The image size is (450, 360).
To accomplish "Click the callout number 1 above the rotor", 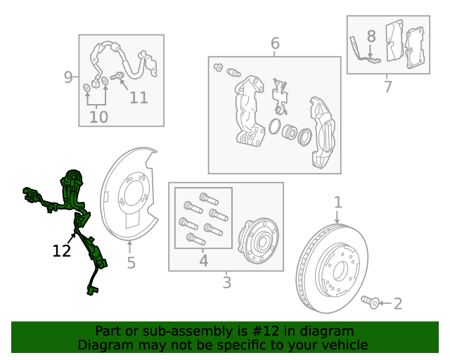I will point(337,202).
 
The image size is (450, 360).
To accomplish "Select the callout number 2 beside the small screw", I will point(398,304).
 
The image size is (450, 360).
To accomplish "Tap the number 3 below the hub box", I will point(226,283).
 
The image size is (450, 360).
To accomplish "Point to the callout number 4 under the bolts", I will point(203,261).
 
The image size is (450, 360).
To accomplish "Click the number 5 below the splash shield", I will point(131,263).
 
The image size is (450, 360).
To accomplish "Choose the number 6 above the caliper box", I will point(275,44).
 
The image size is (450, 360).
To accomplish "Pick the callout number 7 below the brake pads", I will point(387,87).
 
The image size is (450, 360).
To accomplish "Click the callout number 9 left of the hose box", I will point(68,77).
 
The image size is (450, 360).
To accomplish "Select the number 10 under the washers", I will point(98,117).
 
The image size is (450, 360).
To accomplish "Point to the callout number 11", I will point(139,97).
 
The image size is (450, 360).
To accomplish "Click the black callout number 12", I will point(62,250).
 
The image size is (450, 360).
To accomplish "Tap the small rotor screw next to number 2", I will point(371,302).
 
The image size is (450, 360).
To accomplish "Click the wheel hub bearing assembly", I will point(257,241).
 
